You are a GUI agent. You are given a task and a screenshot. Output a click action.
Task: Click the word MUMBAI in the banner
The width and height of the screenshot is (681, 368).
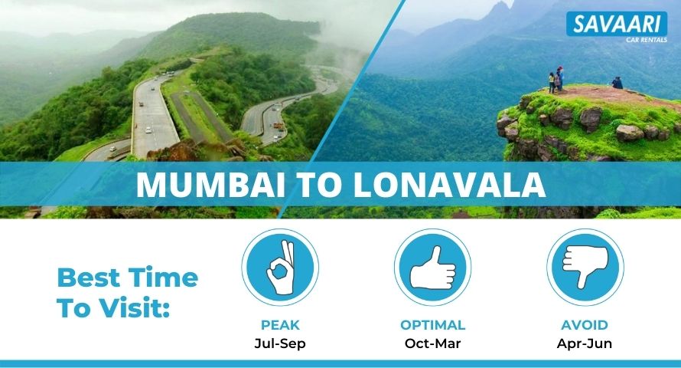point(210,185)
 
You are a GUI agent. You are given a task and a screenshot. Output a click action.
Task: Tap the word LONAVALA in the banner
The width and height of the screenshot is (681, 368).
point(449,185)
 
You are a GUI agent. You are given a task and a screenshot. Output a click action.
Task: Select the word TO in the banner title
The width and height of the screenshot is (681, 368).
point(319,185)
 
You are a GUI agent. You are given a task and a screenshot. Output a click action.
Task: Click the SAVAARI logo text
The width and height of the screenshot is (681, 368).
point(617,24)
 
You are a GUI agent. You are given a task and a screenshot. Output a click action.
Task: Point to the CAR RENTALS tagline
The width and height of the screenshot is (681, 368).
point(647,40)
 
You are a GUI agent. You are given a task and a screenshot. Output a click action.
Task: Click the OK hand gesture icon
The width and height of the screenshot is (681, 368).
point(280,268)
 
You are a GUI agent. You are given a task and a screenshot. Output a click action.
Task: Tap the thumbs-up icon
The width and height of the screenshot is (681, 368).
point(432,268)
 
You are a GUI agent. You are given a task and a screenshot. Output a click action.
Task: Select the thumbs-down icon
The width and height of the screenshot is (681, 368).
point(585,268)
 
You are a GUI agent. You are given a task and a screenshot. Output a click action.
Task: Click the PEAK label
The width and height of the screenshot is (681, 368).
point(280,325)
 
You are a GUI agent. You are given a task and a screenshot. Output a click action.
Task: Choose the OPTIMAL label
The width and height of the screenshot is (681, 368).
point(432,325)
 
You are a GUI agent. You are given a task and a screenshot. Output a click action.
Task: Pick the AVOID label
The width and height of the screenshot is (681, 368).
point(585,325)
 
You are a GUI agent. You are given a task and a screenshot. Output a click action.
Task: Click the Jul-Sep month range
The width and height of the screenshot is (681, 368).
point(280,343)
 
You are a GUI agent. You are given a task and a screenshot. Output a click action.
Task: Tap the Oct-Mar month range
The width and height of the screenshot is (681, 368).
point(432,343)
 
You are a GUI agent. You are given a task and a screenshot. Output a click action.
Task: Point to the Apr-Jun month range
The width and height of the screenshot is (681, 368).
point(585,343)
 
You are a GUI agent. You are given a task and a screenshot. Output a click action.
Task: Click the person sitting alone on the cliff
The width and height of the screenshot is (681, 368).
point(617,83)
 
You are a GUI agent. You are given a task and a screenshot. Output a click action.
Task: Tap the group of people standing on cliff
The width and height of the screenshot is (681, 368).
point(556,80)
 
